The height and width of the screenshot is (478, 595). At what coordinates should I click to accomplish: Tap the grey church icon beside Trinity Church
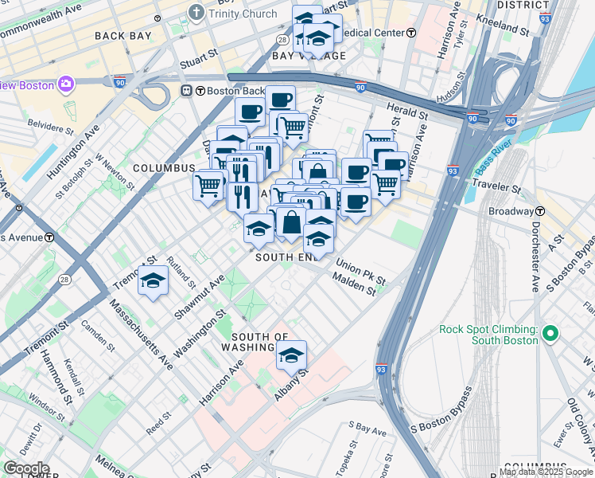196,13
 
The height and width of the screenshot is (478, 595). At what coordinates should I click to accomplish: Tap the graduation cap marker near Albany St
292,355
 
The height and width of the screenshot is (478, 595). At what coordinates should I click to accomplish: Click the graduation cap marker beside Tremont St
152,281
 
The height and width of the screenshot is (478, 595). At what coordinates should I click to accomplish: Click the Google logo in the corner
25,468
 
